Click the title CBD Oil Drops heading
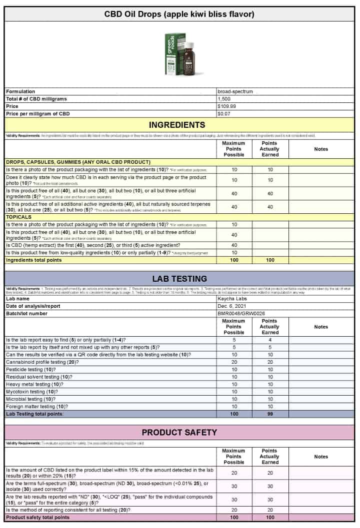point(179,14)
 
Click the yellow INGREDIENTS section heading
point(179,125)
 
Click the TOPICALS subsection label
point(19,217)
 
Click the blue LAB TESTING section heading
point(179,279)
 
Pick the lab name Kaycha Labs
point(232,298)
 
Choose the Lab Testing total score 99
point(269,414)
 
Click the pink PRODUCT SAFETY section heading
point(179,433)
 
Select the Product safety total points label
point(37,518)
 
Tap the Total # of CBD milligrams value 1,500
point(224,99)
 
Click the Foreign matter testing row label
point(39,407)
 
